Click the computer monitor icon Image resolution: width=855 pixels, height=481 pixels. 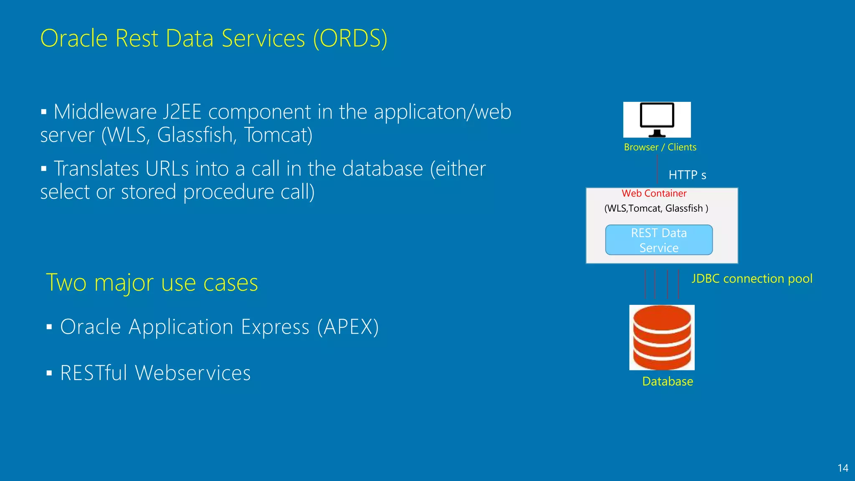coord(657,119)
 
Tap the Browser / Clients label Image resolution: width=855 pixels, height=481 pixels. coord(660,147)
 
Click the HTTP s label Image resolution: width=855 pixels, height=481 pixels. coord(687,175)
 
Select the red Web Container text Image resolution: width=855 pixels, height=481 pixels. coord(654,193)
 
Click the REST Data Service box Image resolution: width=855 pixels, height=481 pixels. coord(659,240)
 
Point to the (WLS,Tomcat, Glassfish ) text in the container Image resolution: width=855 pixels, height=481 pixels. coord(656,208)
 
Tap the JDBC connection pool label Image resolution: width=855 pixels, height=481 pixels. coord(752,278)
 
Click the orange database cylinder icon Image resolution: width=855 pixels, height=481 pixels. coord(662,337)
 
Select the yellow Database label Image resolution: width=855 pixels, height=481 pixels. coord(667,381)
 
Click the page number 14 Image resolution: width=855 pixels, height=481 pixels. coord(842,468)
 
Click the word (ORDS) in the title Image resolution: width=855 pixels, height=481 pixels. coord(350,38)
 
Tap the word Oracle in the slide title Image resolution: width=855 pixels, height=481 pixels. coord(74,38)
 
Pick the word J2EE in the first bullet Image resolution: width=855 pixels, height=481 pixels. coord(182,112)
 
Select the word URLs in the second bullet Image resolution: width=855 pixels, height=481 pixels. coord(167,169)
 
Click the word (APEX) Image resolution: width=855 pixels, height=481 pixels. coord(348,327)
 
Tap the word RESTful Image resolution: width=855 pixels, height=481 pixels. coord(94,373)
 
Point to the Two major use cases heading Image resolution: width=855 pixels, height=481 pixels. coord(152,283)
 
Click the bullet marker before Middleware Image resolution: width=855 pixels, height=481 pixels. coord(44,112)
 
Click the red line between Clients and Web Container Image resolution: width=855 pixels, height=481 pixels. coord(657,169)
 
